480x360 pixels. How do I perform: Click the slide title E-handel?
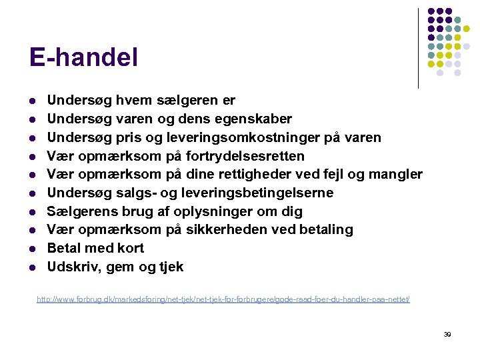click(83, 57)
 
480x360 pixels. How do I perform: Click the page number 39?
click(447, 334)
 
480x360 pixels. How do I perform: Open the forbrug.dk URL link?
click(223, 300)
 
